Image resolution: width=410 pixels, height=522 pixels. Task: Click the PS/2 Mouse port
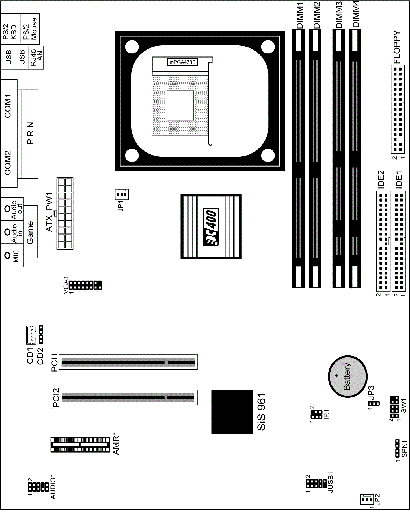[x=30, y=29]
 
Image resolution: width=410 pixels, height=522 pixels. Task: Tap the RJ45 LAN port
[x=36, y=58]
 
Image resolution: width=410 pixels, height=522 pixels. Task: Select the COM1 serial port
[x=9, y=105]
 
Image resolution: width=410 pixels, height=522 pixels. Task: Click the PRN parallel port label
[x=30, y=133]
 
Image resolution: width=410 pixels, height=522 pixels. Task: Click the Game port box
[x=30, y=231]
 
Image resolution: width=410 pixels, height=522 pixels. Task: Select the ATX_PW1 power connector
[x=65, y=213]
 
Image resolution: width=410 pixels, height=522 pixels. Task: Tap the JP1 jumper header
[x=122, y=195]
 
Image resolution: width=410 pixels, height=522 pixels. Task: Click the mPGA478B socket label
[x=182, y=62]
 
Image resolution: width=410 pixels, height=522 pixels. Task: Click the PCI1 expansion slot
[x=128, y=362]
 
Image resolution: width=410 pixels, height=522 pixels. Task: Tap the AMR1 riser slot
[x=80, y=445]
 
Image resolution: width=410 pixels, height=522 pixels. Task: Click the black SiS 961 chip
[x=232, y=412]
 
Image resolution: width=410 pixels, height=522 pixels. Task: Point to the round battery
[x=348, y=376]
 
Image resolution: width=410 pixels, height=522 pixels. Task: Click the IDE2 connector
[x=383, y=241]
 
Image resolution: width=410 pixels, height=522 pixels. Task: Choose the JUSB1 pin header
[x=316, y=484]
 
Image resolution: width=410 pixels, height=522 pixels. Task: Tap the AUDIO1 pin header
[x=38, y=486]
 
